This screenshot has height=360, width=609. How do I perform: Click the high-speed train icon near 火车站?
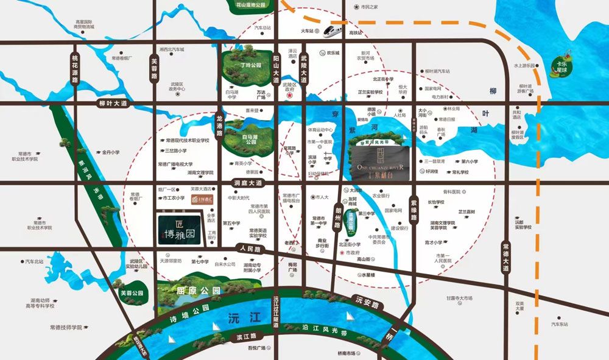333,29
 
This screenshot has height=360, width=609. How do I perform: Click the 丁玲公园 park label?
251,64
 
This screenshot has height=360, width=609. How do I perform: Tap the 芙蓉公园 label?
132,294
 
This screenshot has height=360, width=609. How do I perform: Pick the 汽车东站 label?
563,324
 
